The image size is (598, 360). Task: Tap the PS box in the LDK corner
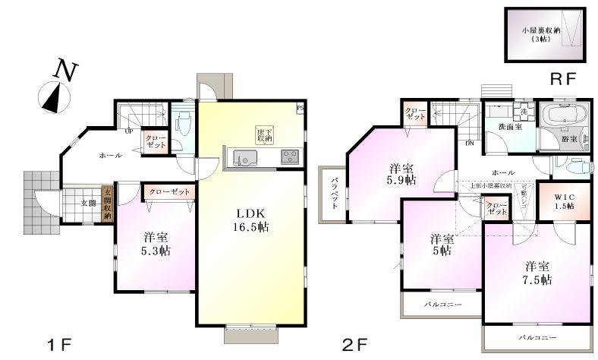coord(301,107)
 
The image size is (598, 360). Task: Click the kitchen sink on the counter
coord(244,158)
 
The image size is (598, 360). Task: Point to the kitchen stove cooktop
coord(290,157)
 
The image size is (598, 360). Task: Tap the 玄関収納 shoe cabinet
coord(107,204)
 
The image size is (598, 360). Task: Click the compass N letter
coord(67,71)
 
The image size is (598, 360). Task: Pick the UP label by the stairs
coord(130,131)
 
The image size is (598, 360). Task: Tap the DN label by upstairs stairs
coord(470,144)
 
